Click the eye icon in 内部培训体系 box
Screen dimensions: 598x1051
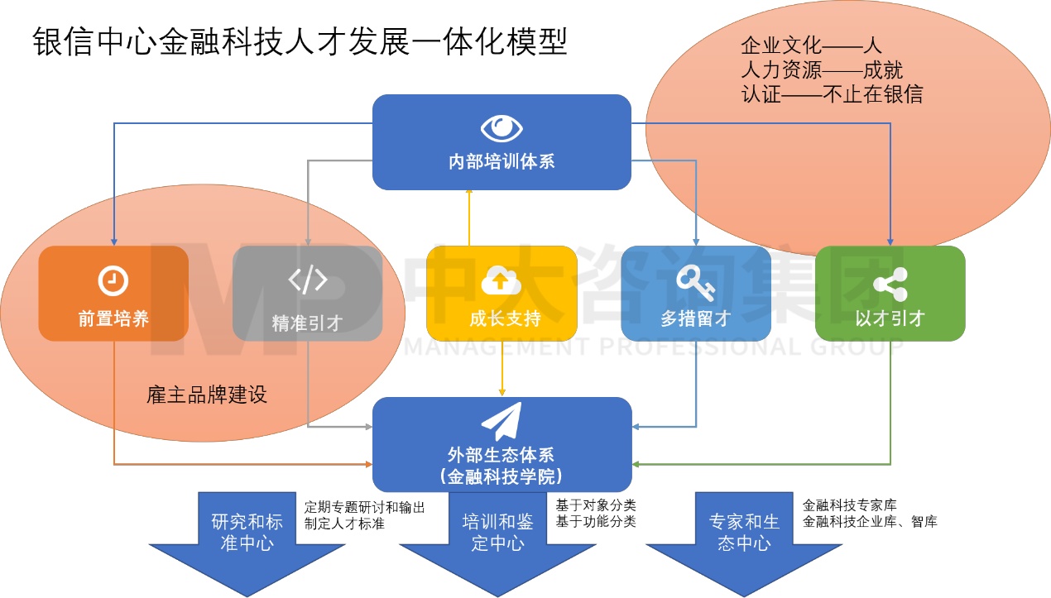(502, 128)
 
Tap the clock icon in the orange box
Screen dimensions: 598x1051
(113, 280)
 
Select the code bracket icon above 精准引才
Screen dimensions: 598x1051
(307, 280)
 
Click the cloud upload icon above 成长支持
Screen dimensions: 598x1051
(502, 281)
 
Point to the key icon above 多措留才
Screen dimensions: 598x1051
(695, 281)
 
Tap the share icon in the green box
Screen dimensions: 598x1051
(890, 284)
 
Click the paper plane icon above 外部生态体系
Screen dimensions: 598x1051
(502, 422)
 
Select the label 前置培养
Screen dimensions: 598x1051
(113, 319)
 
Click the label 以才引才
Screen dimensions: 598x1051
(890, 319)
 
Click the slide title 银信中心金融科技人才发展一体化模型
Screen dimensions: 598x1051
(300, 42)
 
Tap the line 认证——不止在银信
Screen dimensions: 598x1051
(832, 94)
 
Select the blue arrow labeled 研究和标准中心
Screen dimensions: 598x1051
(247, 538)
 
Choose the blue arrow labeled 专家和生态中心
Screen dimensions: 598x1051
(744, 538)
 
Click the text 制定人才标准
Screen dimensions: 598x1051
(344, 524)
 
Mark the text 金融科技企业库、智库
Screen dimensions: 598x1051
(869, 522)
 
